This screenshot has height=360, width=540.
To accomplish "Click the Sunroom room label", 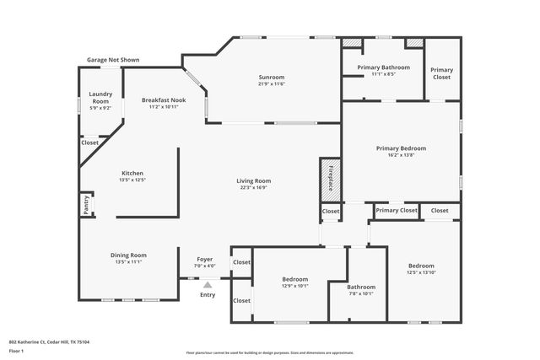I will click(x=272, y=77).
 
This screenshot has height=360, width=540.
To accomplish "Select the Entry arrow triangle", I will click(x=207, y=285).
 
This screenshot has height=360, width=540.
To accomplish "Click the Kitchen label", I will click(x=132, y=173).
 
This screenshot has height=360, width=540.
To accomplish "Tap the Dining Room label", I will click(x=128, y=255).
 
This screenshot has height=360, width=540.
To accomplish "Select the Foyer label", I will click(x=205, y=260).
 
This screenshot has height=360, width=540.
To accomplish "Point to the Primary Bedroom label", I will click(x=401, y=148).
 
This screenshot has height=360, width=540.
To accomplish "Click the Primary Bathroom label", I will click(x=384, y=67).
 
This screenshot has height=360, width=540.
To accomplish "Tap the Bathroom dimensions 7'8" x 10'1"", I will click(x=361, y=293).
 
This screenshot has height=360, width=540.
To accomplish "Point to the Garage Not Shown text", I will click(x=113, y=60).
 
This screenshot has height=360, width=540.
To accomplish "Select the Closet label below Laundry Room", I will click(x=89, y=142).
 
